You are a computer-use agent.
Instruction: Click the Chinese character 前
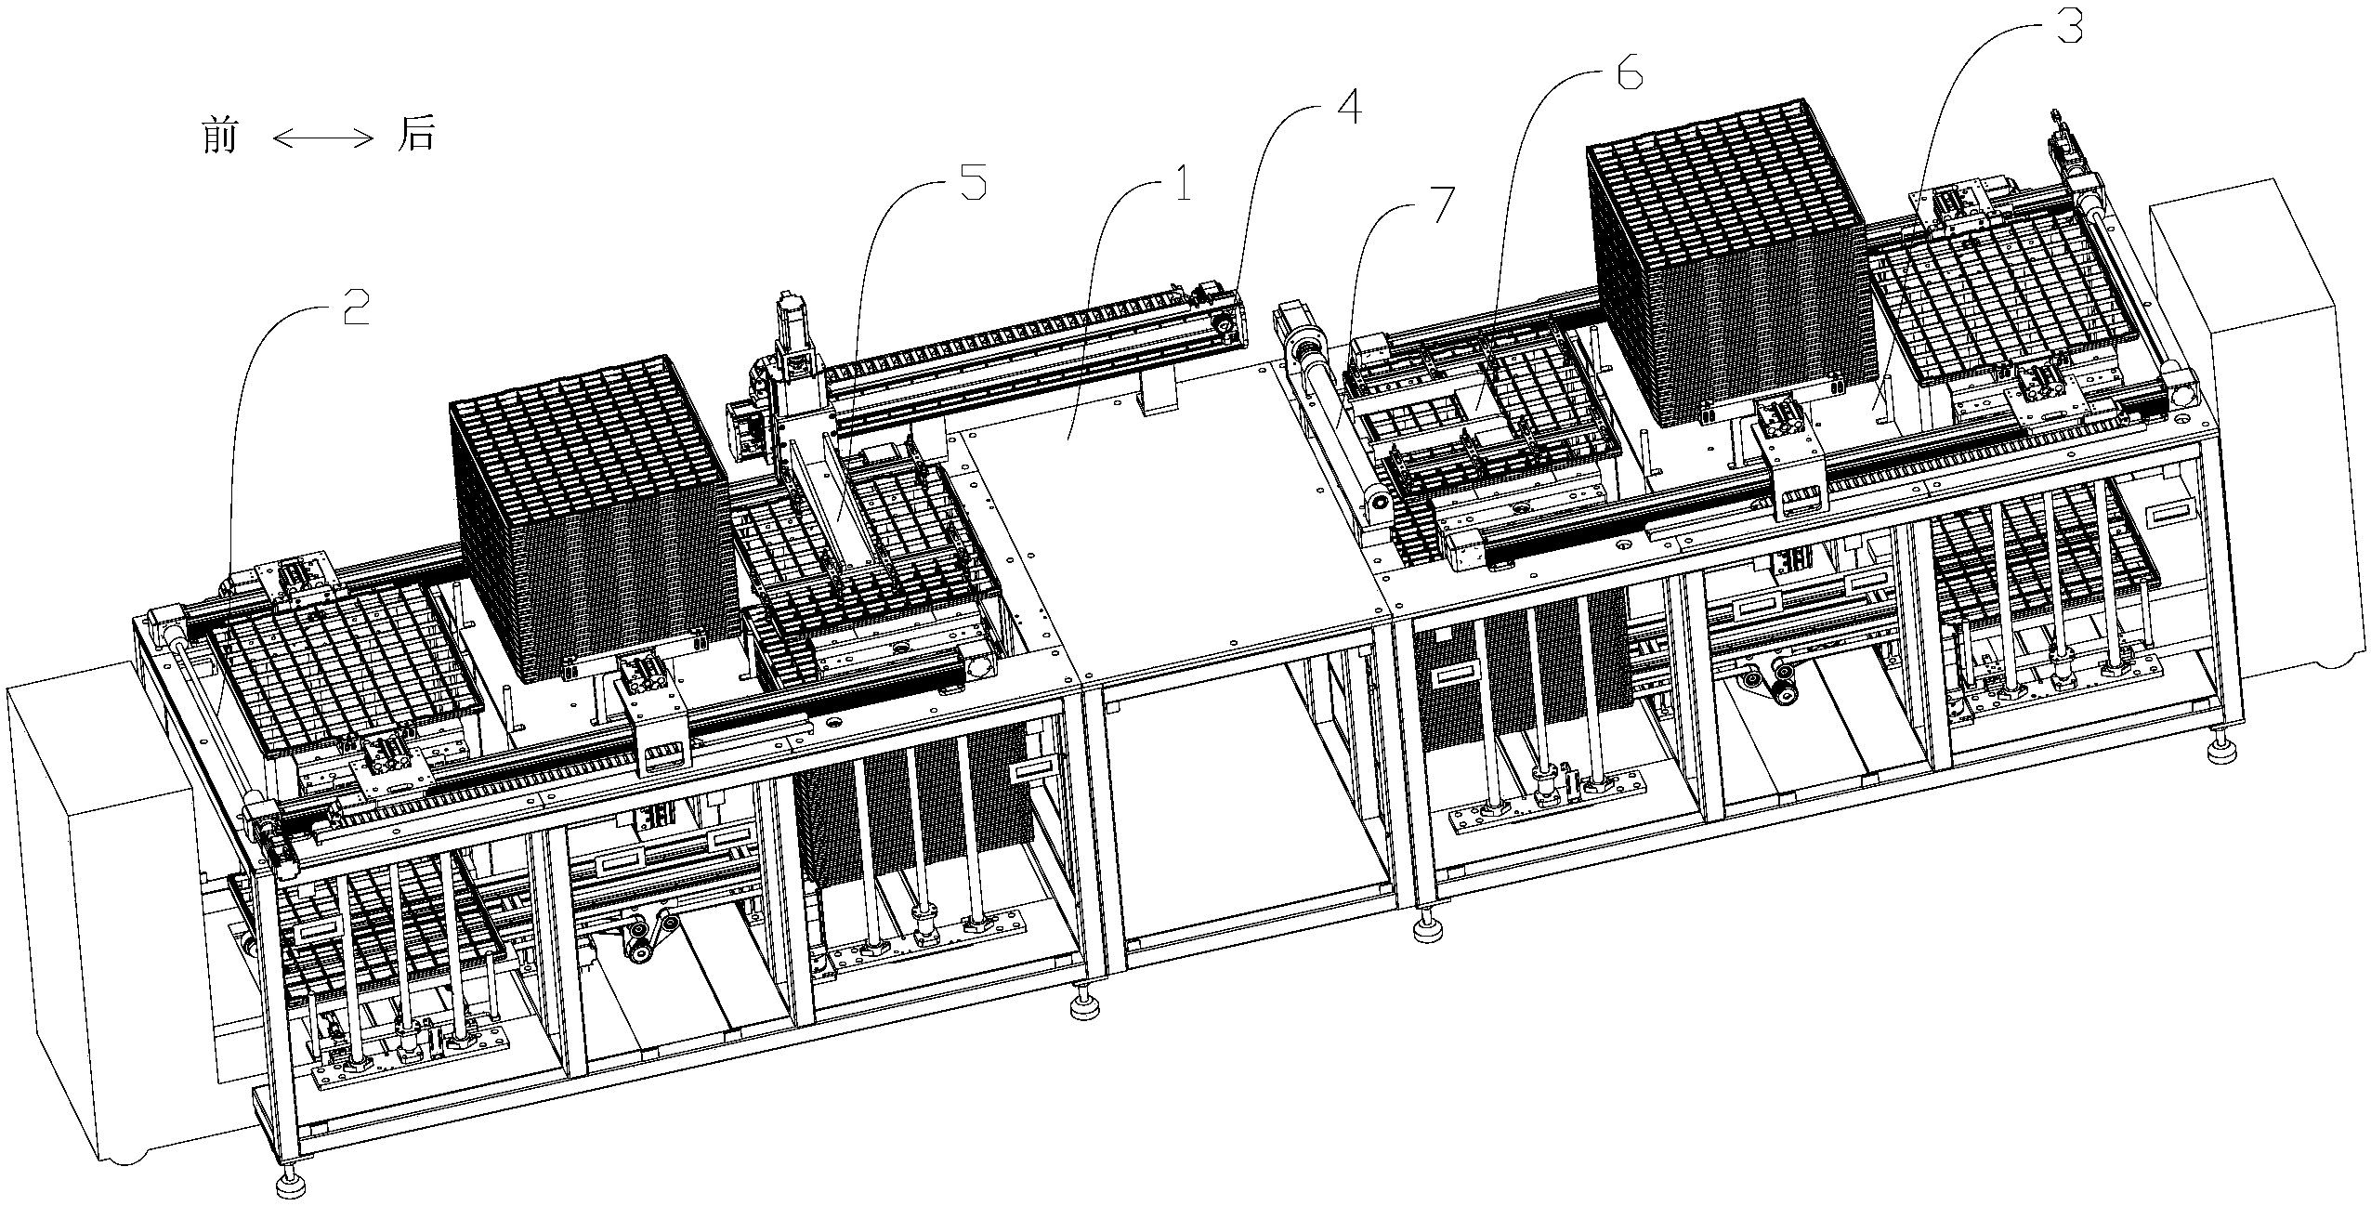219,137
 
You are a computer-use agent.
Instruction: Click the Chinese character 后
415,137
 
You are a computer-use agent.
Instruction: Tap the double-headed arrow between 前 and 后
322,138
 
